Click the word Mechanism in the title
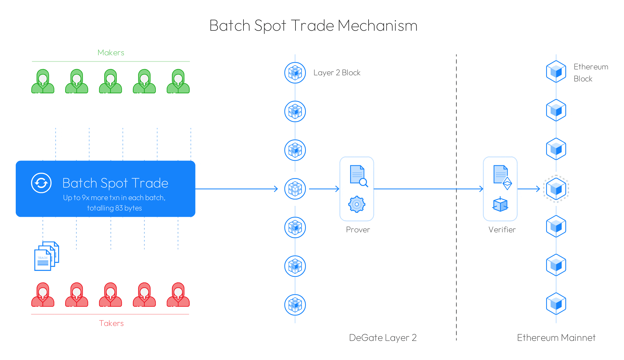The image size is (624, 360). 378,26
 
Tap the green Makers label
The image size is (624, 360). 111,53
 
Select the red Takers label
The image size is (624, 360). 111,323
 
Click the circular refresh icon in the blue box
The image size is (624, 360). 41,183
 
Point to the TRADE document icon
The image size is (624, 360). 47,256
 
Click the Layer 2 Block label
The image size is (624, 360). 337,73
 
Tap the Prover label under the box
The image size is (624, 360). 358,230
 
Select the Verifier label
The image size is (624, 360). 502,230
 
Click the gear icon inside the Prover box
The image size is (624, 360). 357,204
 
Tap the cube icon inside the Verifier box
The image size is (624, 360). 500,205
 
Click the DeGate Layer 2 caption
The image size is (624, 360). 383,338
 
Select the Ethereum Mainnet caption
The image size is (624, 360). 556,338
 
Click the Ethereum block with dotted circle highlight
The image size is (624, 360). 556,189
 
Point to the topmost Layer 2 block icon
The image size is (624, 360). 295,73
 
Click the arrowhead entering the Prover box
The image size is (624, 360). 338,189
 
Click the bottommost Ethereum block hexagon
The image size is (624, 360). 556,304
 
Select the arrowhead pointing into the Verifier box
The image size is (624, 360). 481,189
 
